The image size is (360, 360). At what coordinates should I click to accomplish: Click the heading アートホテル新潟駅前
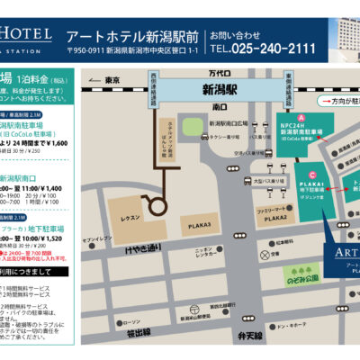132,36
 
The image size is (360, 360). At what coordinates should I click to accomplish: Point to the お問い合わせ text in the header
233,34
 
